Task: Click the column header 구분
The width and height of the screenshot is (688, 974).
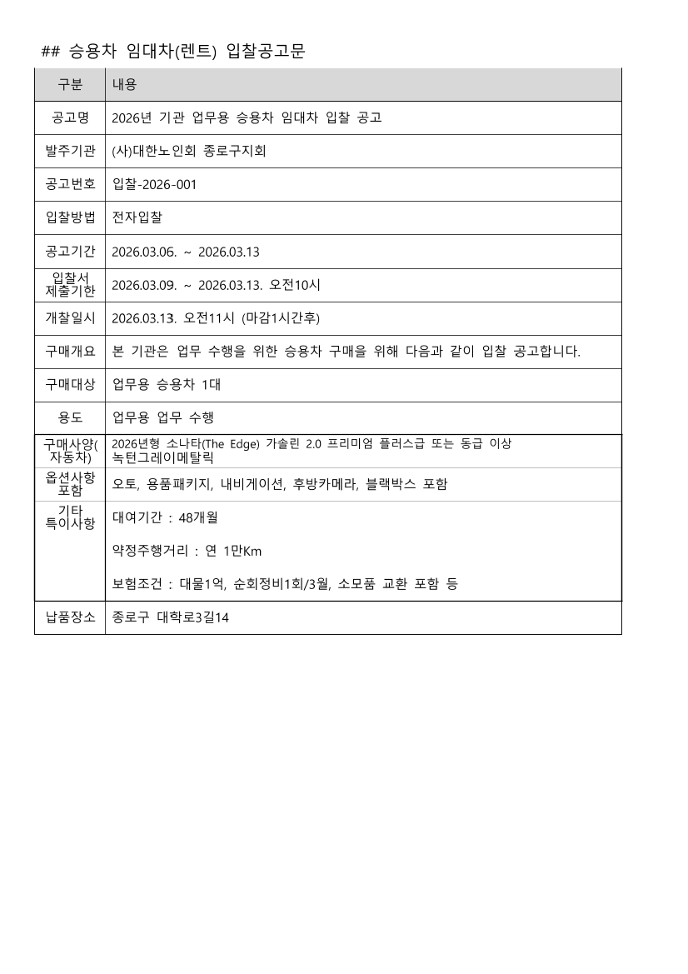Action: (70, 85)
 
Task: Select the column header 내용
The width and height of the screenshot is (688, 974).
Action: (124, 85)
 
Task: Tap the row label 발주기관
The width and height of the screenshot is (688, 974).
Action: (70, 151)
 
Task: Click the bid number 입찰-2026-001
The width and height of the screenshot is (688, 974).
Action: (154, 184)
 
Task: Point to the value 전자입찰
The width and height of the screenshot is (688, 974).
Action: (137, 217)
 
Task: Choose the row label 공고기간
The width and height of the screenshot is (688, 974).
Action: (70, 251)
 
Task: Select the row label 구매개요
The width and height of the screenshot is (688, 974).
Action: (70, 352)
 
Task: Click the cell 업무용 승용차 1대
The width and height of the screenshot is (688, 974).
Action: (167, 385)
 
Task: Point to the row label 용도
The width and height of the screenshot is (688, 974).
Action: (70, 418)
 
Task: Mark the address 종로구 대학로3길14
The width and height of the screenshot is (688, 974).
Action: (170, 618)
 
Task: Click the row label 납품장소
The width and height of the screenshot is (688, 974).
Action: (70, 618)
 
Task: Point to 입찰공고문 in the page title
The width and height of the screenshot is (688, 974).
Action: (266, 52)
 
